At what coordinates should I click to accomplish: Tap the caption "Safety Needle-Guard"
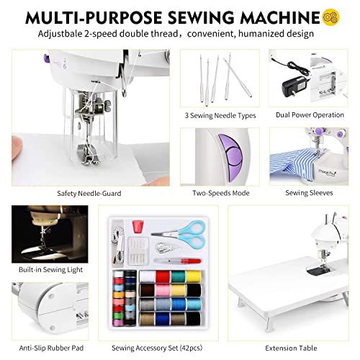(x=90, y=194)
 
